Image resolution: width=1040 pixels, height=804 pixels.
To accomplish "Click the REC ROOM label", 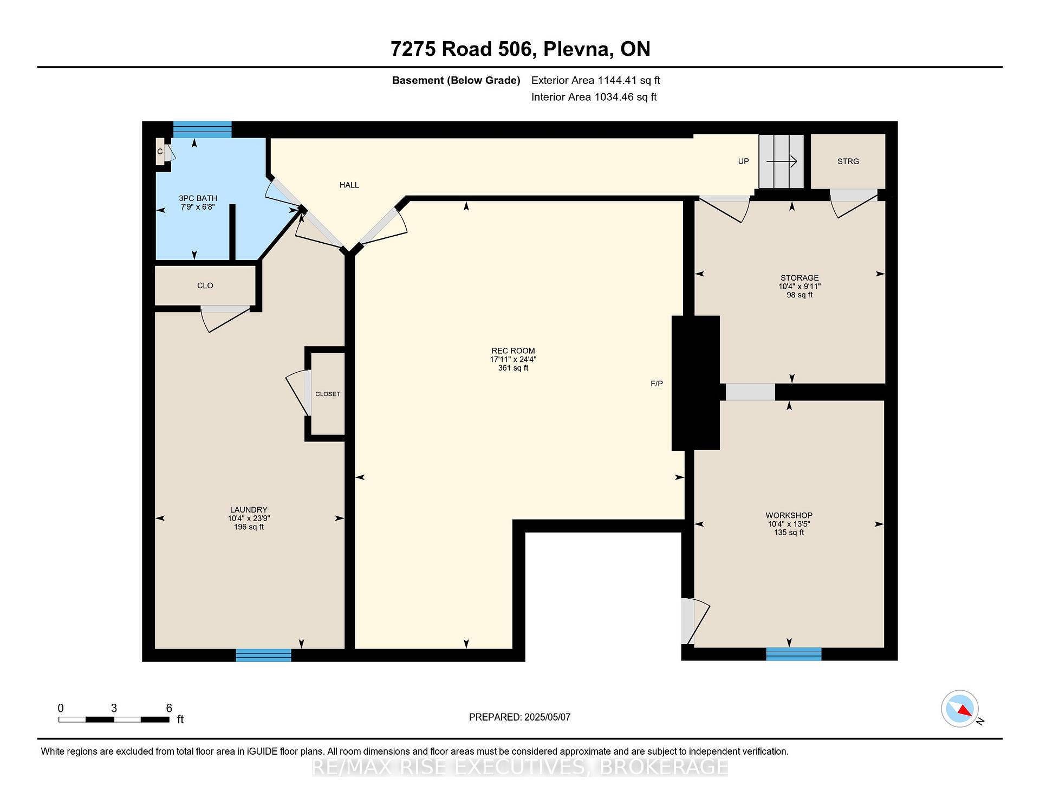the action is (x=513, y=351).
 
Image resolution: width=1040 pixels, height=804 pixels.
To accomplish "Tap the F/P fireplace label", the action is (x=656, y=384).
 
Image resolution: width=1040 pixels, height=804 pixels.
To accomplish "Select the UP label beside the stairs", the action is (x=743, y=161).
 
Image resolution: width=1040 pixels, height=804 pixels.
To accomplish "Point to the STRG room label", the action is (x=848, y=161).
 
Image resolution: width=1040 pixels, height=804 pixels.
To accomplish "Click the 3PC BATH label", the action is (x=198, y=198).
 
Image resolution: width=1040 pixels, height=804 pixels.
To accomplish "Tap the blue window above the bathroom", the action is (x=203, y=129).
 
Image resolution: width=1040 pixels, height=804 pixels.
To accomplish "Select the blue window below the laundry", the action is (x=263, y=656).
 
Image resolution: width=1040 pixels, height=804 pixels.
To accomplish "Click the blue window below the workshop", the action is (x=794, y=654).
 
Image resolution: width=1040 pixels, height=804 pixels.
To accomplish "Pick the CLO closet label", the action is (x=205, y=286).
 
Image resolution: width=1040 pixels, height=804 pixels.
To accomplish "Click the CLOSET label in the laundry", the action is (x=328, y=394).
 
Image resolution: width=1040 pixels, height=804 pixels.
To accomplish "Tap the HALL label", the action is (x=349, y=185).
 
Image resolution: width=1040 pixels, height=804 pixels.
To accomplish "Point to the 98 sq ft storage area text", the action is (x=799, y=295).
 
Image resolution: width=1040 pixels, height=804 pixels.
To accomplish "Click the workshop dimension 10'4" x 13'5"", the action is (x=789, y=524).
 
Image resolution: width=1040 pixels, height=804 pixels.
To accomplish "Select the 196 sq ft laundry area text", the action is (x=249, y=527).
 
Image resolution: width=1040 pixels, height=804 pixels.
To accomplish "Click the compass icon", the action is (x=960, y=709).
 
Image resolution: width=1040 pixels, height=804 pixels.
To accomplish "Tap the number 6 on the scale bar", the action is (x=169, y=708).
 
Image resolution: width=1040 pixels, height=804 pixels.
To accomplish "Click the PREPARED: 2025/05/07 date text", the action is (x=519, y=717).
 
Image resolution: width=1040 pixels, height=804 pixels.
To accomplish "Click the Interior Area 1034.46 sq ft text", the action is (x=594, y=97).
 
